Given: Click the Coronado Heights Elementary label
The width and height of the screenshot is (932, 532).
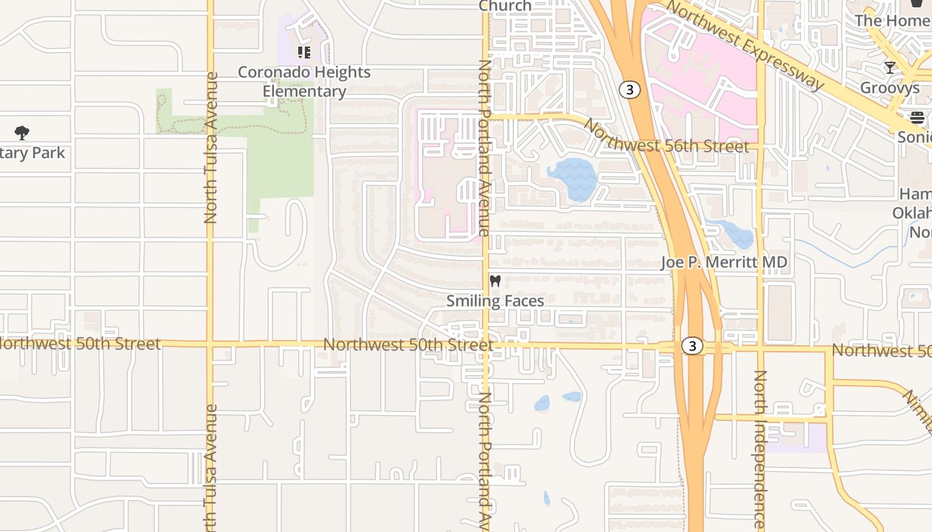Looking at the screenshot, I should point(304,82).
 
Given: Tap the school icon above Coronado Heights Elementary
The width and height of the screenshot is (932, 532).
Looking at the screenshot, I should point(304,52).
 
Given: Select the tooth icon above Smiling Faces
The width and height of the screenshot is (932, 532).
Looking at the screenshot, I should point(495,281).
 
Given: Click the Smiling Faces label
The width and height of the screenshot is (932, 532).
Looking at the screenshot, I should point(495,301).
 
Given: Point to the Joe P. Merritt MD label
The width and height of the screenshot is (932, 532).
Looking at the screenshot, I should point(724,262).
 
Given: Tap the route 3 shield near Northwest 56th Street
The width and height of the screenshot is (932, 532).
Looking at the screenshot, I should point(629,89).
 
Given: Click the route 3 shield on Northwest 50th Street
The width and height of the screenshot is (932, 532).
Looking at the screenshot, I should point(692,346).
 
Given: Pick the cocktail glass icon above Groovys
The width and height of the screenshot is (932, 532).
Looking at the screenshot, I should point(889,67).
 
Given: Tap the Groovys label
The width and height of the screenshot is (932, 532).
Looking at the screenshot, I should point(889,87).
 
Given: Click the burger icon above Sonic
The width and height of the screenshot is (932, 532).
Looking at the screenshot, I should point(917,118).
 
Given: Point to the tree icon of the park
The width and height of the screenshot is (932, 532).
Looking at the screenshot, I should point(22,133).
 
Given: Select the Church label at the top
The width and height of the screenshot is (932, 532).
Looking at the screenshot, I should point(505,6).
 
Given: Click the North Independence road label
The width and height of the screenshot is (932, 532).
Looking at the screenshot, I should point(760,449).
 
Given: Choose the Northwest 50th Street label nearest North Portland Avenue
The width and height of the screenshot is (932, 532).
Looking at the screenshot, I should point(408,344).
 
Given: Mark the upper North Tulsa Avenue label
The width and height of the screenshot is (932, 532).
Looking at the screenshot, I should point(211,148).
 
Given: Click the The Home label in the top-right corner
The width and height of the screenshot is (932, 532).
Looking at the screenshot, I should point(892,20).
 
